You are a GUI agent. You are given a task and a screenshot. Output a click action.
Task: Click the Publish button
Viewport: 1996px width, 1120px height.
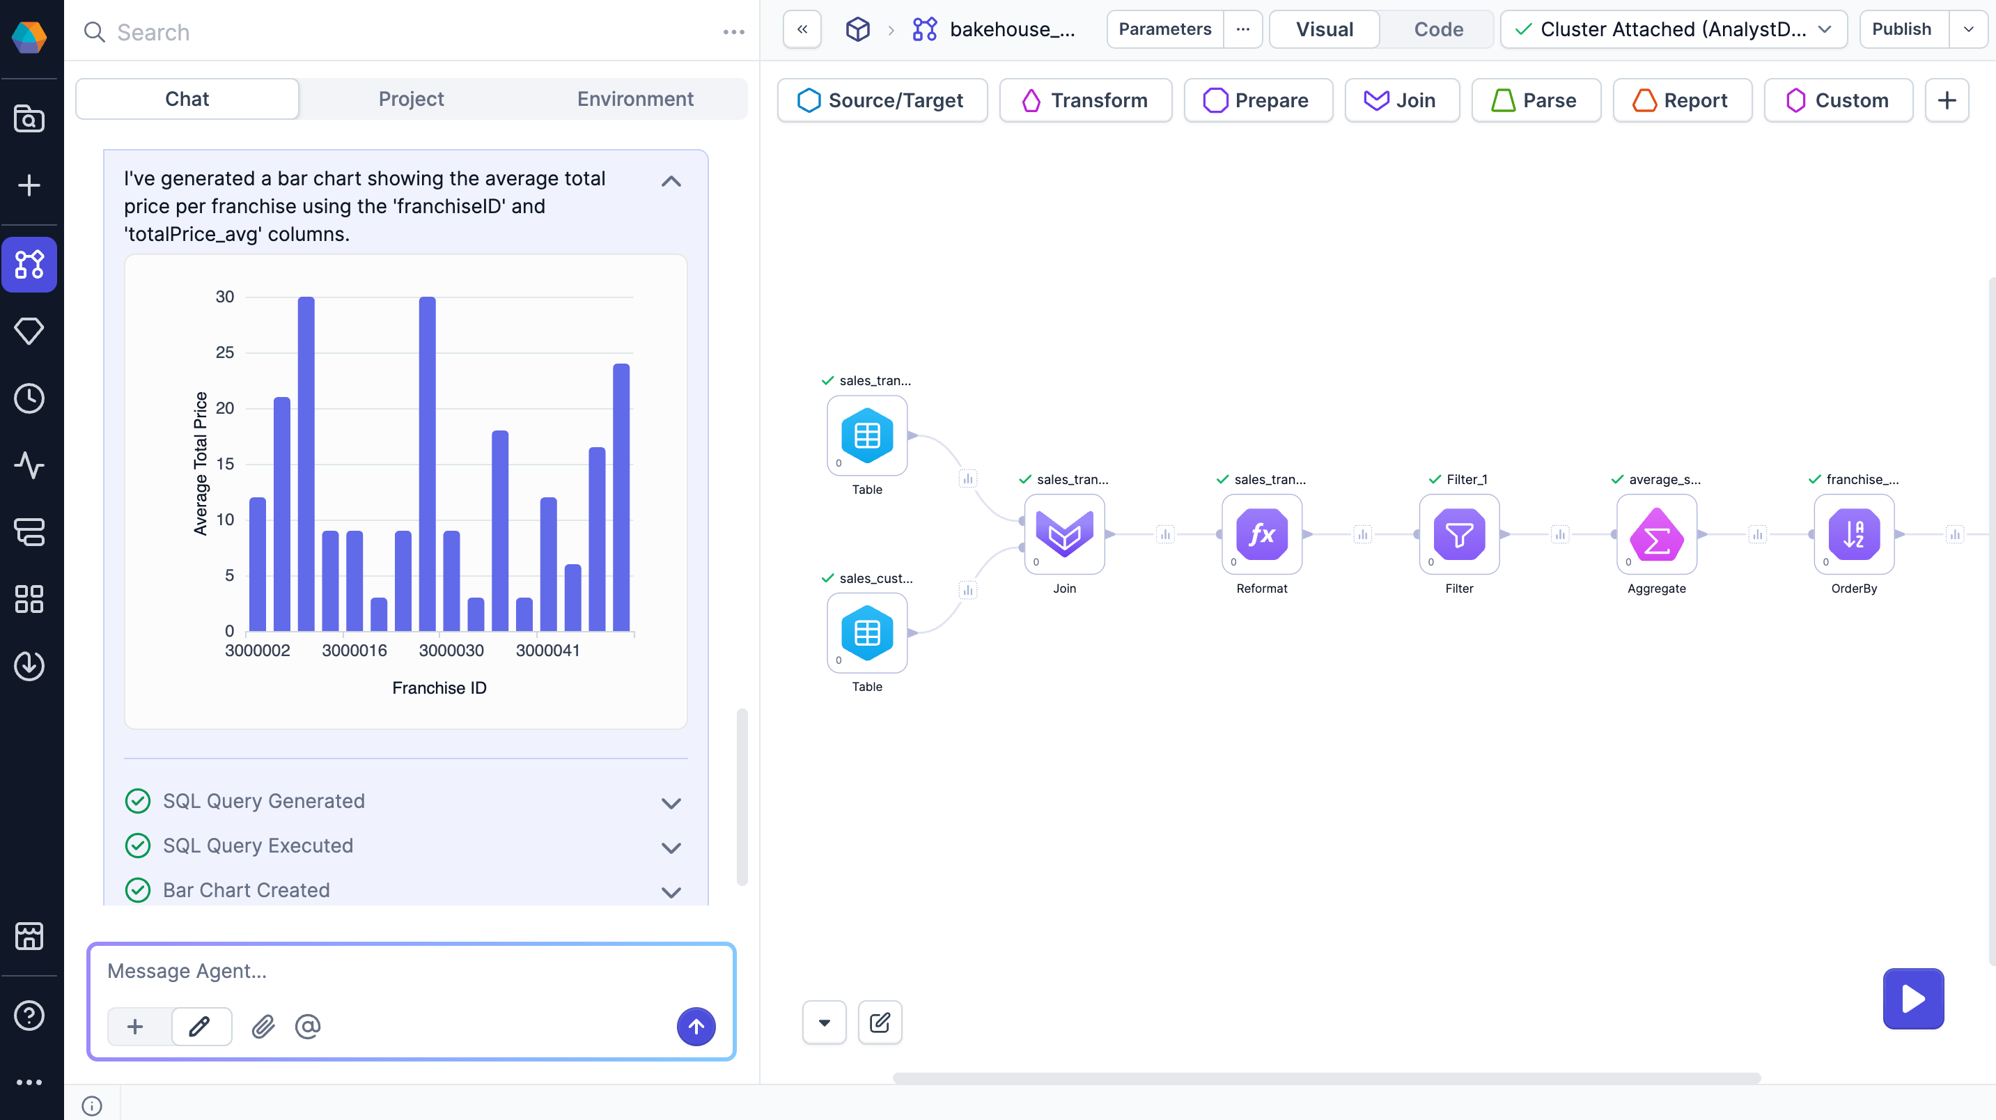coord(1901,29)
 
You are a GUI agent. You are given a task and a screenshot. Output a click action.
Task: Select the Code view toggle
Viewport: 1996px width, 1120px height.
coord(1437,29)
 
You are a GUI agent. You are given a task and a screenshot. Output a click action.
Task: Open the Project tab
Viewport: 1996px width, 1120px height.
coord(411,99)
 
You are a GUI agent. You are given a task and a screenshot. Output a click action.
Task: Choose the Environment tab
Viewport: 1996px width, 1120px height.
coord(634,99)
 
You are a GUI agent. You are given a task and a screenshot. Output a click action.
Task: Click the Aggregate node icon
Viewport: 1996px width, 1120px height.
coord(1656,534)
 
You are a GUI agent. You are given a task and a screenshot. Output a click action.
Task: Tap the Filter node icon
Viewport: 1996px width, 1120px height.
coord(1458,534)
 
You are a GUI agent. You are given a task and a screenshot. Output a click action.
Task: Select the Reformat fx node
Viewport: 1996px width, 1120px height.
coord(1261,534)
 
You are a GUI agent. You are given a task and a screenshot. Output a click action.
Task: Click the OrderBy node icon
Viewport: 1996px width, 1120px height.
coord(1853,534)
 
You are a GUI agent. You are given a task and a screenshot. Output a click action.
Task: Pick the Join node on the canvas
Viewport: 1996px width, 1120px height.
coord(1064,534)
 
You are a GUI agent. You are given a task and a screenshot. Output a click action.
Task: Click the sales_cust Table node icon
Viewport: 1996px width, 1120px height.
coord(866,632)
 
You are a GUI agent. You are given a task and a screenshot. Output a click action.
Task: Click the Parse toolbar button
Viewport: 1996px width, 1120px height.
coord(1535,101)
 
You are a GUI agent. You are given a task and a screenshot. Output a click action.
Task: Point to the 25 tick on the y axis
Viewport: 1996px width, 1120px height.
coord(225,352)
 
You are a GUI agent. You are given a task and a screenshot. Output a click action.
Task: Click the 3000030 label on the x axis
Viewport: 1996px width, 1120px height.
coord(451,651)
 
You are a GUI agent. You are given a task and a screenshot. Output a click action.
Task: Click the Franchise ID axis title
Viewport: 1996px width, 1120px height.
coord(439,688)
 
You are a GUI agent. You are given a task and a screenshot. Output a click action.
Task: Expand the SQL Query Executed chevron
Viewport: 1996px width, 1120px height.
coord(671,847)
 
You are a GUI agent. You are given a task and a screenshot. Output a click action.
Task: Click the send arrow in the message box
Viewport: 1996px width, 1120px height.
coord(696,1027)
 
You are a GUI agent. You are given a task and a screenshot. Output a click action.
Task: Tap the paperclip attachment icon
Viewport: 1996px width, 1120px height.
coord(263,1027)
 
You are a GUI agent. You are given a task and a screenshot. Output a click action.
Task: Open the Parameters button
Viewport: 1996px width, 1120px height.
coord(1164,29)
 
